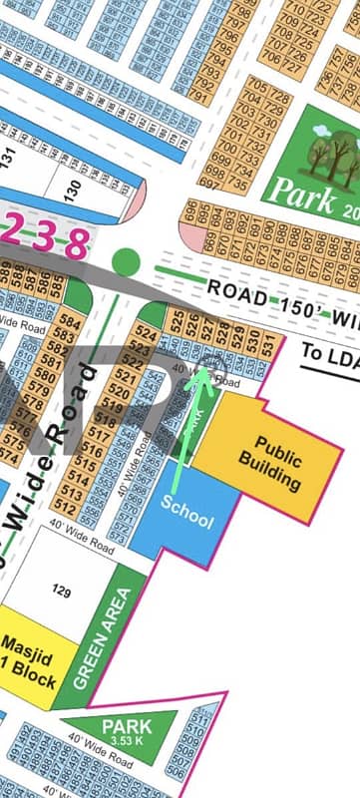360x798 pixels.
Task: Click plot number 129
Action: [61, 593]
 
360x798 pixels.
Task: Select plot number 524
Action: [146, 334]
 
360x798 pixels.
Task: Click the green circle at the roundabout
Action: [126, 262]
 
